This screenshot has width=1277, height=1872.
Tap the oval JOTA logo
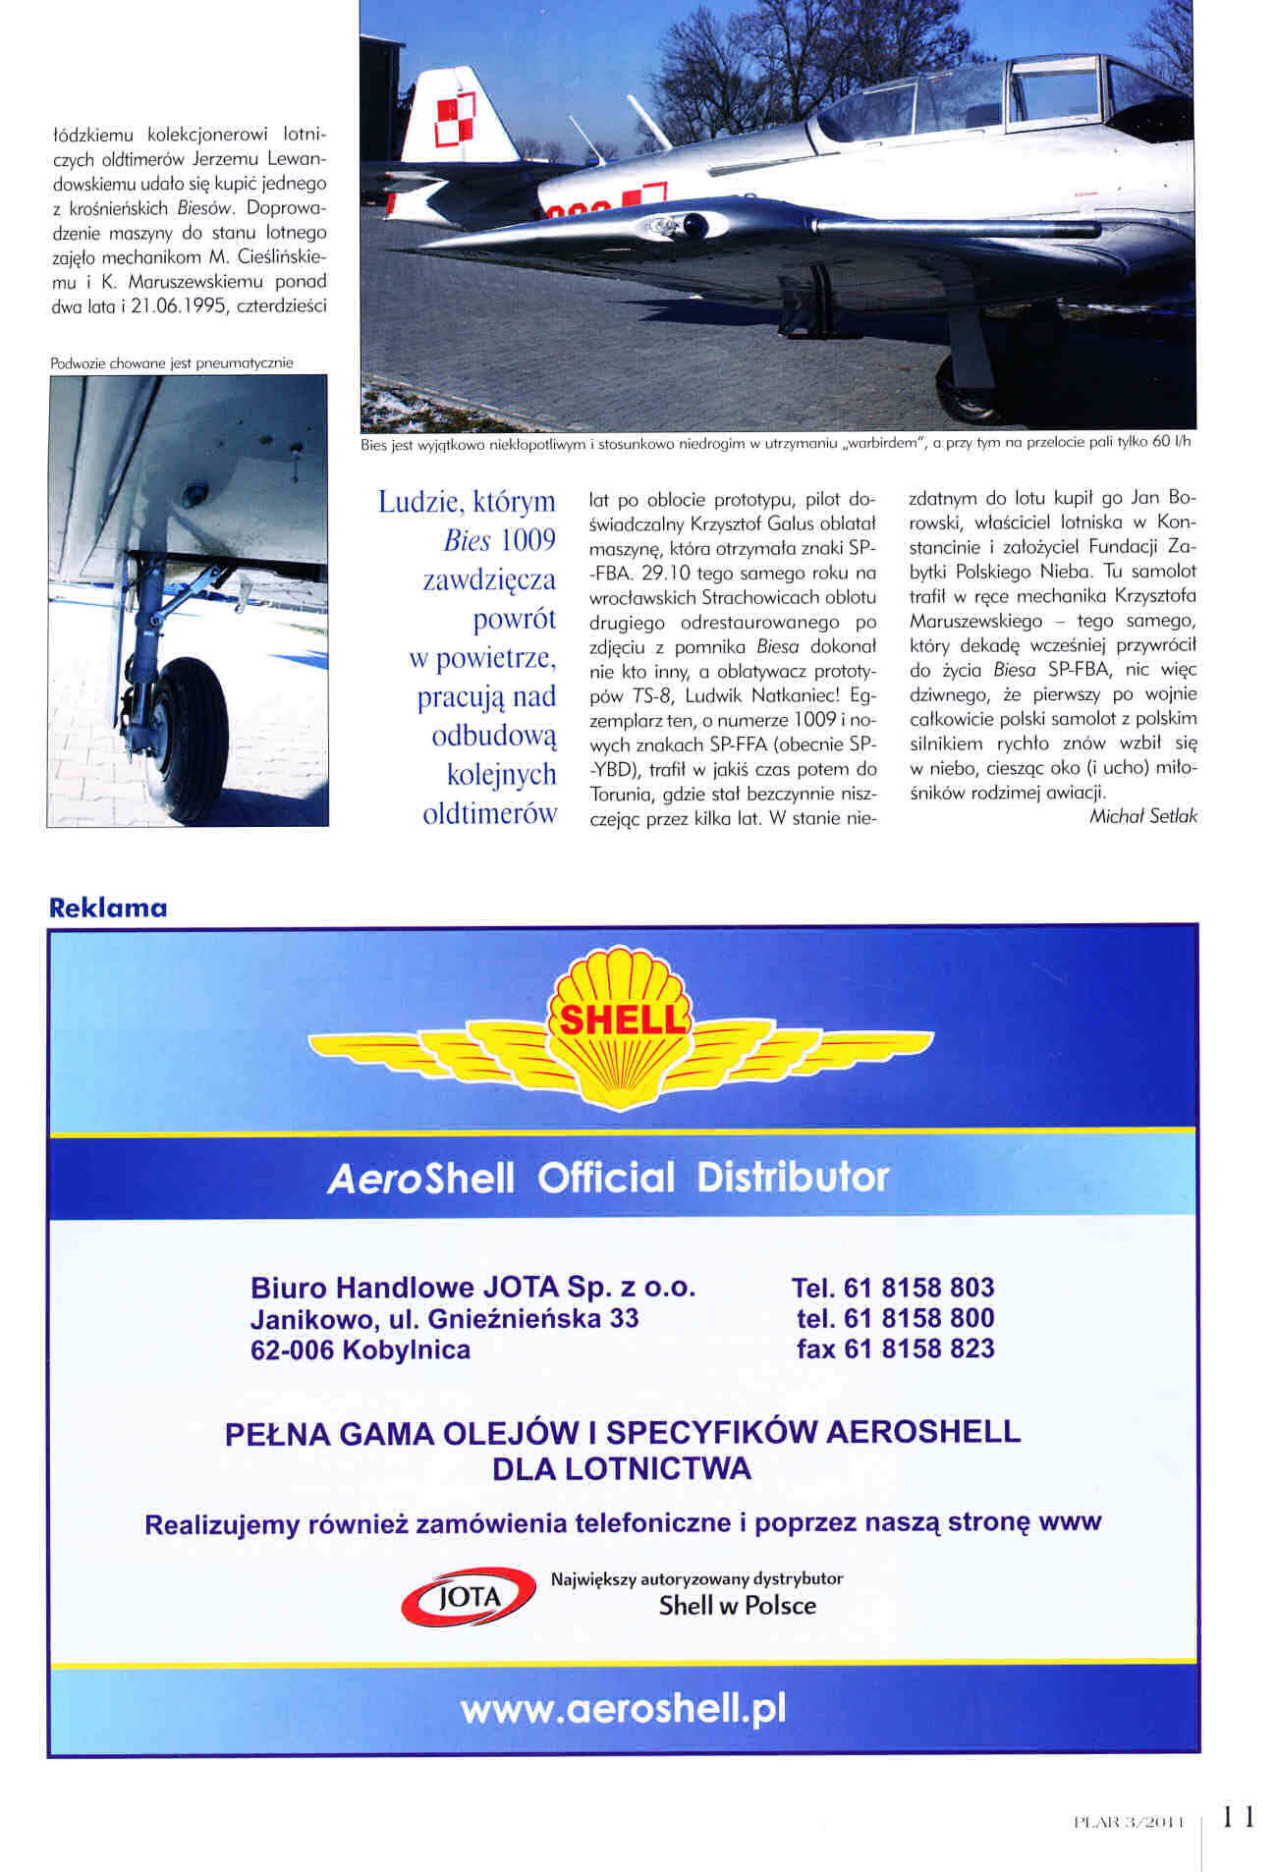tap(469, 1596)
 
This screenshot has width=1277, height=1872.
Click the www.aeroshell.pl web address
tap(623, 1709)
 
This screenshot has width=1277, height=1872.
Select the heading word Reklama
tap(108, 908)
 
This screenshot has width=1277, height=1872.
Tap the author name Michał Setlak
tap(1142, 816)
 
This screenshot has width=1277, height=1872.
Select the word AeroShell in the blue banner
tap(421, 1178)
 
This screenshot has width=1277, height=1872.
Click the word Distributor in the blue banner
tap(793, 1177)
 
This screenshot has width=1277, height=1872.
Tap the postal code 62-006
tap(292, 1349)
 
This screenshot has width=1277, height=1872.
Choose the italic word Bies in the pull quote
tap(467, 540)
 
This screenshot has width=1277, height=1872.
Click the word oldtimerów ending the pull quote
tap(489, 813)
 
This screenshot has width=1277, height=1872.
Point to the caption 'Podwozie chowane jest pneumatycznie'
tap(172, 363)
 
